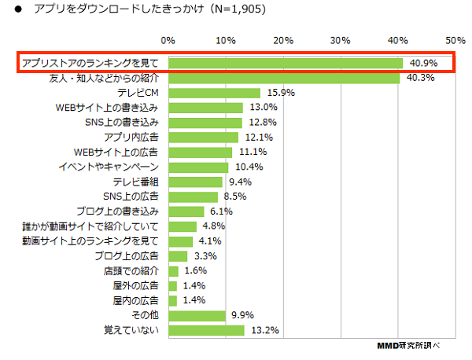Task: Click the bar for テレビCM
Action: [x=213, y=93]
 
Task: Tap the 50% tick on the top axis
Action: [x=455, y=39]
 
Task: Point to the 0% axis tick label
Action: [x=168, y=39]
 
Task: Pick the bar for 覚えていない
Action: [x=205, y=329]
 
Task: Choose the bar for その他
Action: [x=196, y=314]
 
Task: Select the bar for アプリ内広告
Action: [x=202, y=137]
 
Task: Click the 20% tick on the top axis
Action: [x=282, y=39]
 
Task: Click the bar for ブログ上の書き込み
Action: [x=185, y=211]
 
